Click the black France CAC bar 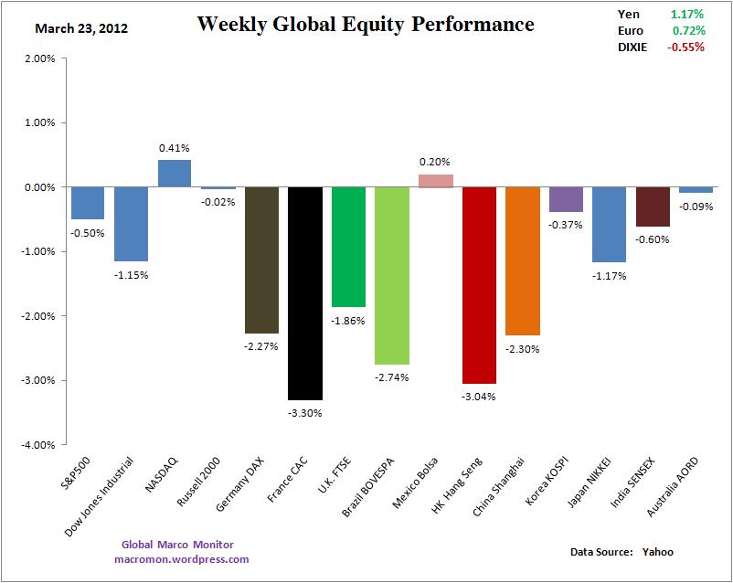pos(304,292)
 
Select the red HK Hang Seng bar pos(479,284)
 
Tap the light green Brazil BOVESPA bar pos(391,275)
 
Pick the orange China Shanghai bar pos(522,260)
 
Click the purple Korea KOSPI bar pos(566,199)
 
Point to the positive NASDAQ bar pos(174,174)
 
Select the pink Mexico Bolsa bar pos(435,181)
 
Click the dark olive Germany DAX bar pos(260,260)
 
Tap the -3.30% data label pos(304,412)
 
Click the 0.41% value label pos(174,146)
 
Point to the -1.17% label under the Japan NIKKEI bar pos(609,275)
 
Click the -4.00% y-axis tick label pos(40,445)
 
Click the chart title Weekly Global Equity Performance pos(366,25)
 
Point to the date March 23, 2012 pos(81,28)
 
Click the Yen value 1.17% pos(687,15)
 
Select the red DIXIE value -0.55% pos(685,47)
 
